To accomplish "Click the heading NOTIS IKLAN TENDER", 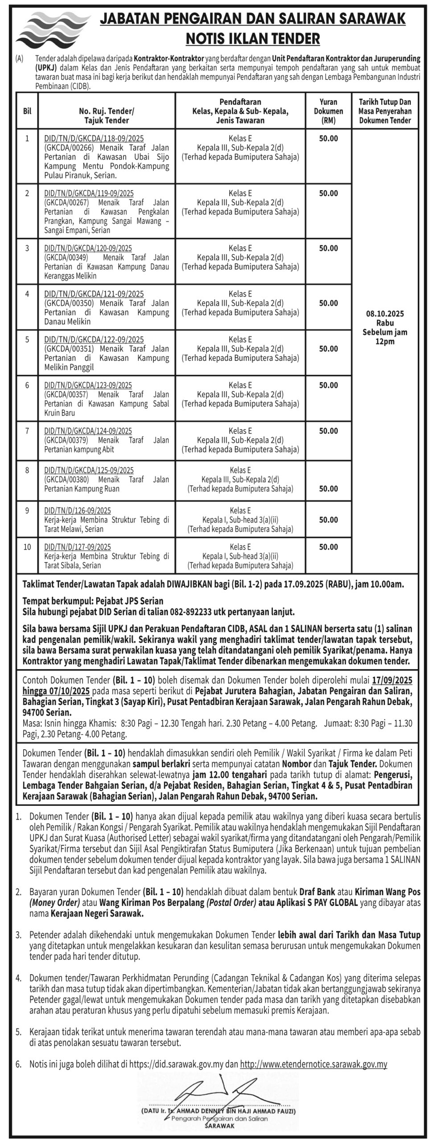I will click(x=253, y=39).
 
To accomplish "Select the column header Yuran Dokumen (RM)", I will click(x=328, y=111).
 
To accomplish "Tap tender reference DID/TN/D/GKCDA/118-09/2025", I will click(x=94, y=138).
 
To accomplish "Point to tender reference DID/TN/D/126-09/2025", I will click(x=78, y=510).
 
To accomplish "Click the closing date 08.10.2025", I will click(x=385, y=314).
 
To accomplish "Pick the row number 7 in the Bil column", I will click(x=27, y=431).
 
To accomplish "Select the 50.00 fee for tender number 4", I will click(x=328, y=303).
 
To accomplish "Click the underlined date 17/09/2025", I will click(x=392, y=680).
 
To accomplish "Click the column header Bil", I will click(x=27, y=111).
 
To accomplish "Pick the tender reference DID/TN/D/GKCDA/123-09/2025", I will click(x=88, y=385).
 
